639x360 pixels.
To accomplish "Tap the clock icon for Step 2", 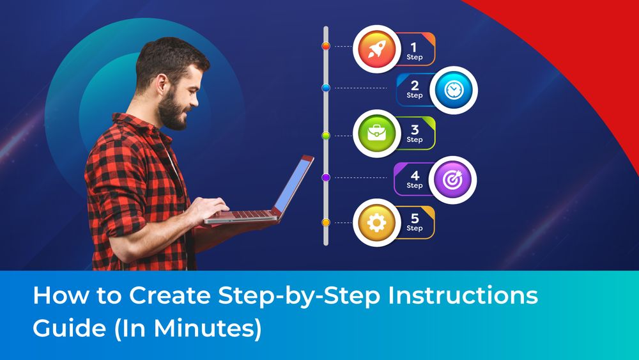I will click(453, 90).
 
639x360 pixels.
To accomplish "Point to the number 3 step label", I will click(414, 129).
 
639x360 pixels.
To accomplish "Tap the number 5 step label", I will click(414, 218).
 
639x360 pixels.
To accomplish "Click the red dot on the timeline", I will click(326, 46).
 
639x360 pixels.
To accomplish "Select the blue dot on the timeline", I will click(326, 88).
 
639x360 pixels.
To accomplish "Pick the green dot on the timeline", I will click(326, 136).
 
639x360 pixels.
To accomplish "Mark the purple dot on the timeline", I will click(326, 178).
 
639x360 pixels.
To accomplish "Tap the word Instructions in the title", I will click(470, 296).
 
